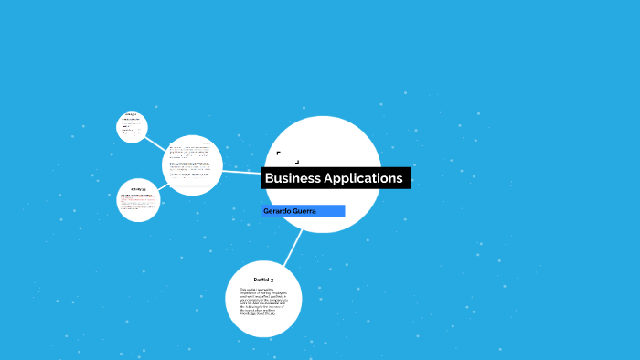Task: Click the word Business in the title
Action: pos(293,178)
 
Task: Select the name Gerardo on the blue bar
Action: pos(277,211)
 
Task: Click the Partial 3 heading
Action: pos(263,279)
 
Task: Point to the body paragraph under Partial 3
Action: pos(263,302)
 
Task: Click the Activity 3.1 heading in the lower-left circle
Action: pos(139,189)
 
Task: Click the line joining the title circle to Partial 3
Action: pos(293,248)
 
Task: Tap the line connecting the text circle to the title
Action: pos(241,171)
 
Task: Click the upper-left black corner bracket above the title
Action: pos(278,153)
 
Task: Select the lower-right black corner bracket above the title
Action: pos(297,162)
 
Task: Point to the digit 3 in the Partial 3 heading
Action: pos(272,279)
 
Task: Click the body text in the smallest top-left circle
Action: pos(132,129)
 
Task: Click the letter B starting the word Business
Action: pos(270,178)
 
